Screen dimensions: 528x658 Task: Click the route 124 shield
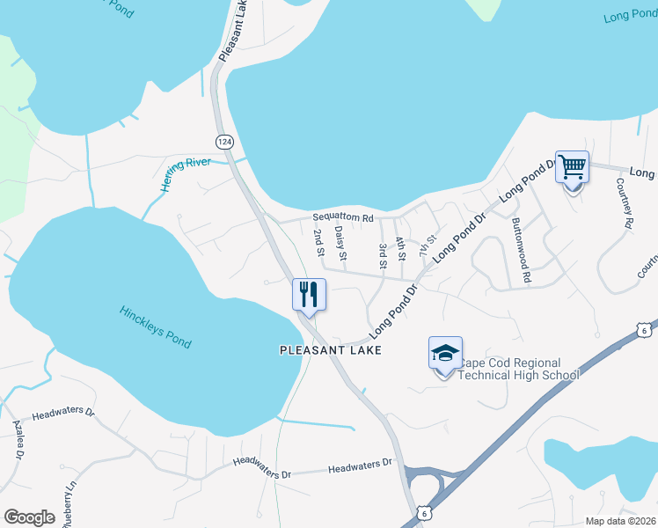225,141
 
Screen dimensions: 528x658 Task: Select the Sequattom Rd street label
343,217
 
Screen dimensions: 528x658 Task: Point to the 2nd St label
318,244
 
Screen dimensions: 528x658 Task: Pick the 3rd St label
383,256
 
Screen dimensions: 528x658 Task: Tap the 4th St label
400,249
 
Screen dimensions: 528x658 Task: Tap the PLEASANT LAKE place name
330,350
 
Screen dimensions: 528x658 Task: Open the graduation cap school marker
445,354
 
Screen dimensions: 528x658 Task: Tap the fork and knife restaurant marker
309,293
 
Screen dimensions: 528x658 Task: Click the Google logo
29,517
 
